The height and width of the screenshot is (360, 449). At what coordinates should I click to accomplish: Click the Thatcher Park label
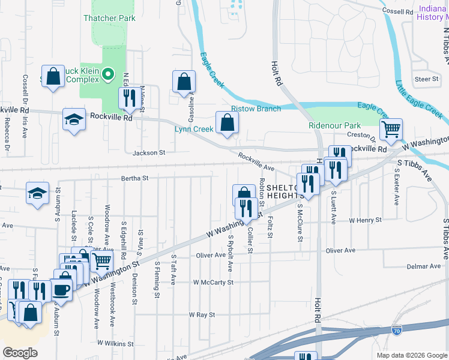109,18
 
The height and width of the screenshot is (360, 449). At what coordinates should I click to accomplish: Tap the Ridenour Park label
334,125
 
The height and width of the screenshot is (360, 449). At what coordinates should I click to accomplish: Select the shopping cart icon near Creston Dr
391,128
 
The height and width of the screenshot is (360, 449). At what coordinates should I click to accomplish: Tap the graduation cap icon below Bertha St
37,193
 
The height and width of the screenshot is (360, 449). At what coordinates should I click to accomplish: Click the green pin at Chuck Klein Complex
108,75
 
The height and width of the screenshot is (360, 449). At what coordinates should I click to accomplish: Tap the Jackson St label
148,153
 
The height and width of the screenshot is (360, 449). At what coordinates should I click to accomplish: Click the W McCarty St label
213,282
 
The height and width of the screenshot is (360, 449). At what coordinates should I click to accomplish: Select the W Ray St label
202,314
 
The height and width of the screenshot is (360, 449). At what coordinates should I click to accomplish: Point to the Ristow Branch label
256,109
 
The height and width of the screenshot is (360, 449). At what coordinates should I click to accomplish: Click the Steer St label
426,79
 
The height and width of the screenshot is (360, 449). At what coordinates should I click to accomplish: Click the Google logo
20,353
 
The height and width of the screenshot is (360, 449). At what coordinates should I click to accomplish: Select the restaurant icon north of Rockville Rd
128,97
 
